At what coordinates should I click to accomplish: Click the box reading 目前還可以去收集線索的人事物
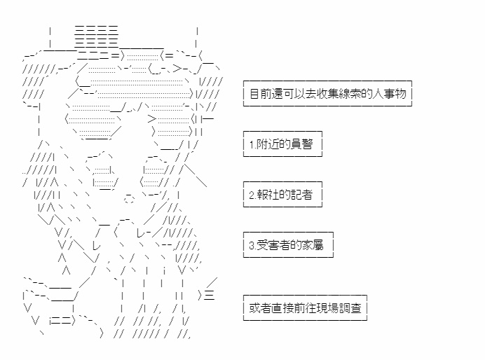click(x=327, y=93)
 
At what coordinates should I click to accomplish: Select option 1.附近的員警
click(x=282, y=144)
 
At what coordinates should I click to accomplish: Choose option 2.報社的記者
click(x=282, y=195)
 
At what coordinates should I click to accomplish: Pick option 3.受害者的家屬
click(x=288, y=244)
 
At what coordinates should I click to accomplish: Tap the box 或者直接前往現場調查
click(x=305, y=307)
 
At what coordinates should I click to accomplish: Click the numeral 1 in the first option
click(x=252, y=144)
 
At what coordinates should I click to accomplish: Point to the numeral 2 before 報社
click(x=252, y=195)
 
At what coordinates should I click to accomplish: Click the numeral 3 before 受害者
click(x=252, y=245)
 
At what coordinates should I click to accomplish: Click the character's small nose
click(x=129, y=198)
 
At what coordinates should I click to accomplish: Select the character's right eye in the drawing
click(x=155, y=172)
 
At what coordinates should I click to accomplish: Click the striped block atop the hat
click(x=97, y=37)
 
